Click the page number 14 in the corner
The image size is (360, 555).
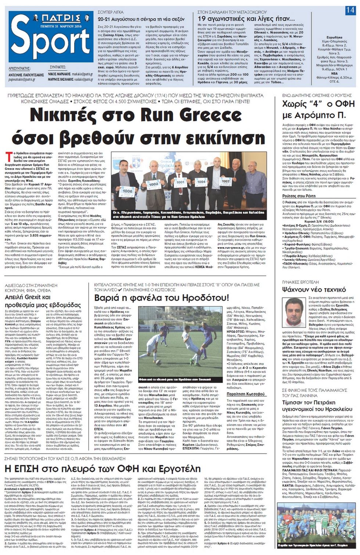pyautogui.click(x=350, y=11)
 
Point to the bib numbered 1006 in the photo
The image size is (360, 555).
pyautogui.click(x=127, y=191)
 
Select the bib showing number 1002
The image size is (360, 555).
pyautogui.click(x=153, y=183)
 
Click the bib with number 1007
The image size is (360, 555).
pyautogui.click(x=225, y=181)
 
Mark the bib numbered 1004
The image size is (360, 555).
pyautogui.click(x=201, y=182)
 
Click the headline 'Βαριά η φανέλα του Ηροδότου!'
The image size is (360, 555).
pyautogui.click(x=162, y=298)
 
